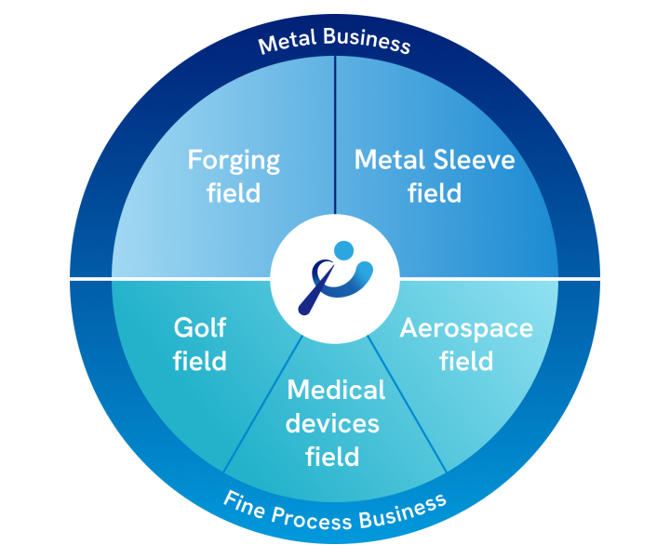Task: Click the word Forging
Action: click(234, 161)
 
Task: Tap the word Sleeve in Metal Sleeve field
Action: click(475, 160)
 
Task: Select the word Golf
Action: click(200, 327)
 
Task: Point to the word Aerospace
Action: click(466, 328)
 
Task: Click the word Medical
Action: click(336, 390)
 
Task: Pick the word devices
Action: click(332, 423)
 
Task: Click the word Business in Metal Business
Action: click(368, 42)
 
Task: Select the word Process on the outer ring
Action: click(309, 517)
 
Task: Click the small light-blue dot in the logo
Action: click(344, 250)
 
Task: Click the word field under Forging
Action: click(234, 193)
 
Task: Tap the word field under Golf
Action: click(200, 360)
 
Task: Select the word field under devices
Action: click(332, 457)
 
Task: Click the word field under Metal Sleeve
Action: click(435, 193)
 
